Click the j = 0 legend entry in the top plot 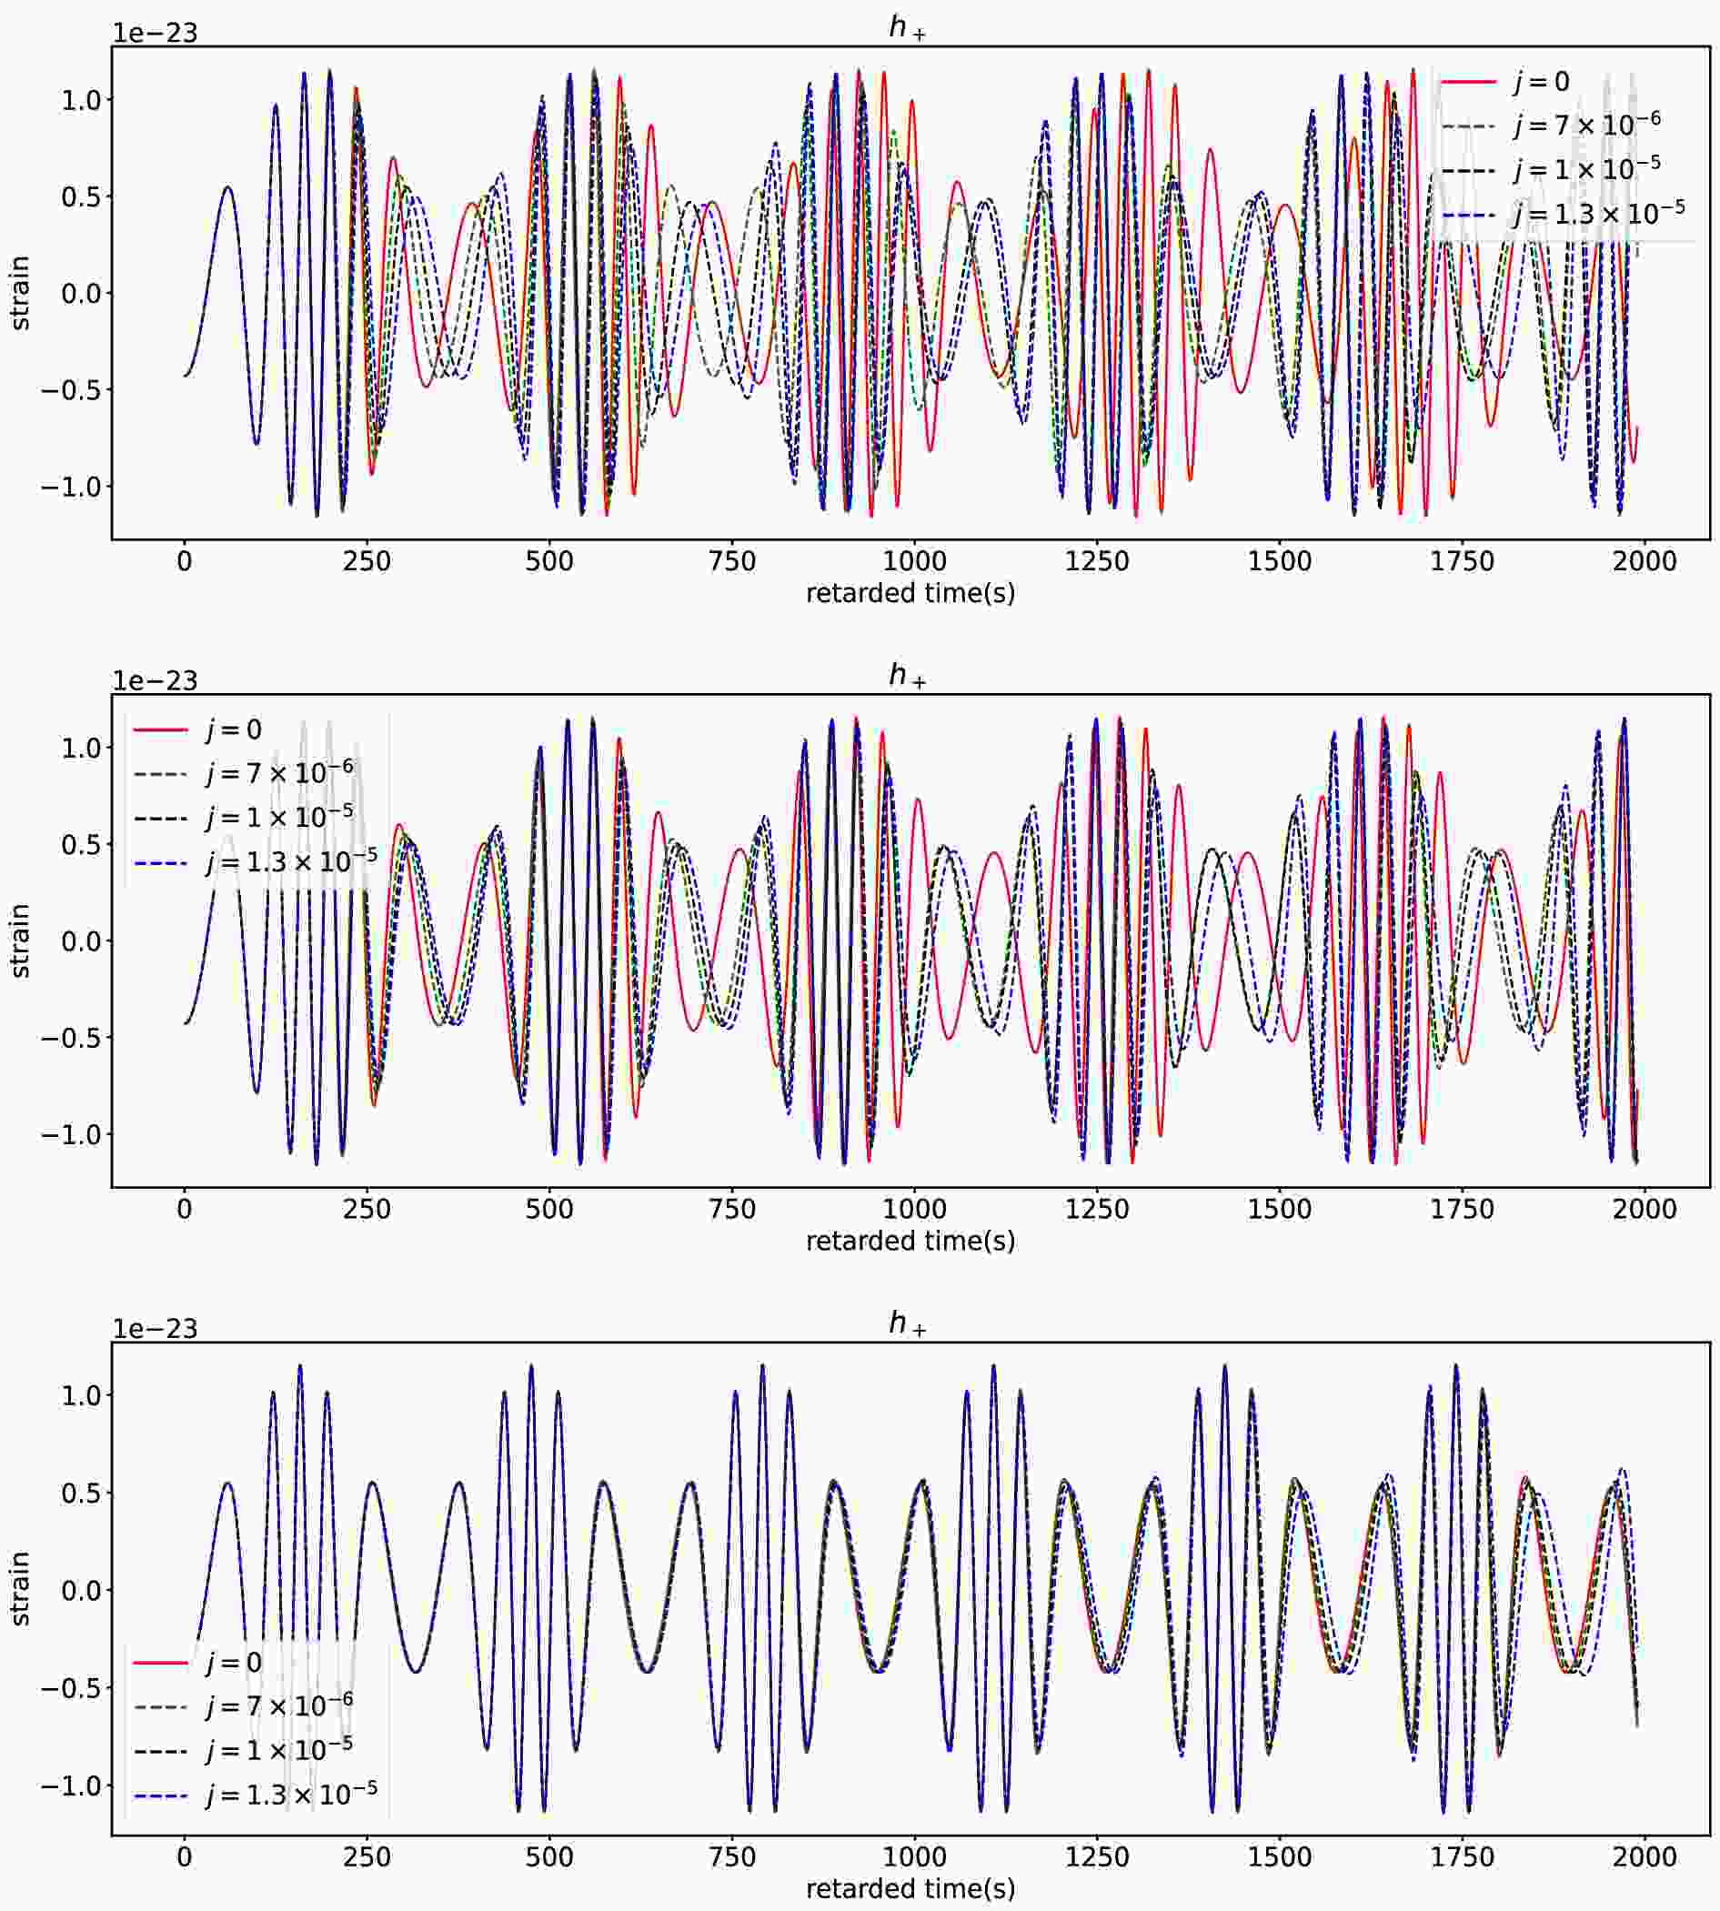1541,82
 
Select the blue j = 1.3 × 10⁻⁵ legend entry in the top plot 1597,214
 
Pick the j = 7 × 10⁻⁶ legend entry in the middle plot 279,773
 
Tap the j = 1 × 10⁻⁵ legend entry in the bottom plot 279,1749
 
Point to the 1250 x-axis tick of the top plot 1097,561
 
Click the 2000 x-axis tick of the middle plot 1645,1209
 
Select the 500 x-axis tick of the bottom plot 549,1857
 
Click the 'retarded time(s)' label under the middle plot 910,1241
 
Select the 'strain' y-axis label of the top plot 20,293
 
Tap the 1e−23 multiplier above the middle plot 155,680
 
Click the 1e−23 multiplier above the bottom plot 155,1329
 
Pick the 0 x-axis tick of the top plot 185,561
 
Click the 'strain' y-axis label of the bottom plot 20,1590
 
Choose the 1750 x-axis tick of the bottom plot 1462,1857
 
